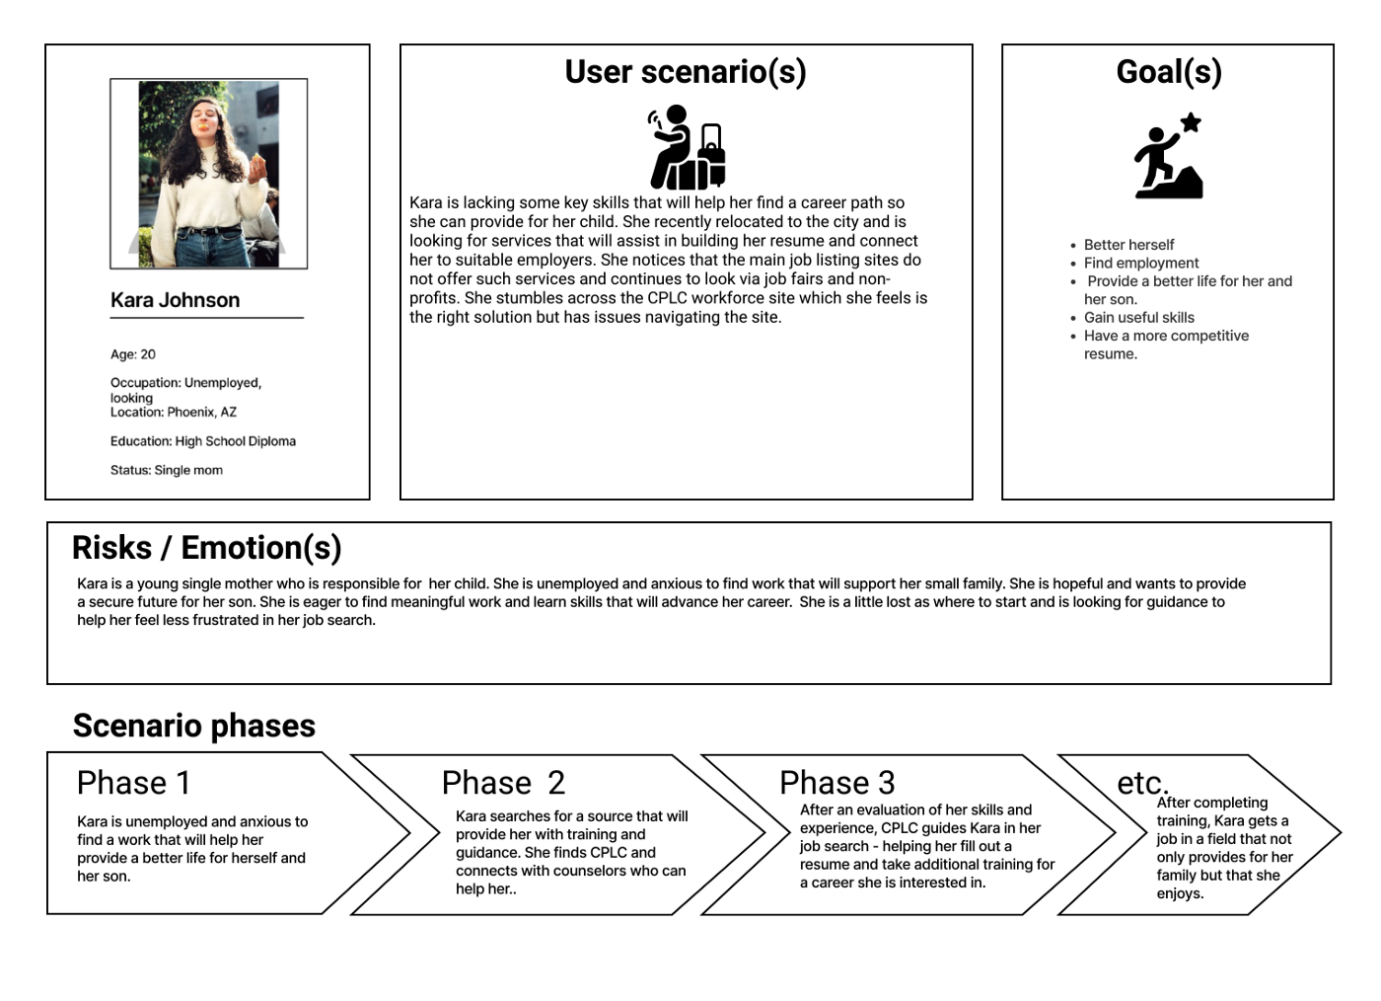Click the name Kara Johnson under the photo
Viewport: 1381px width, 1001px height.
(x=175, y=300)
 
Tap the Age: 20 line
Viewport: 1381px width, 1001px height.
(x=133, y=354)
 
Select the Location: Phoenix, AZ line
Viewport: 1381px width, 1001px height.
(x=174, y=413)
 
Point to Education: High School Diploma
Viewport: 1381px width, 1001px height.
(x=203, y=441)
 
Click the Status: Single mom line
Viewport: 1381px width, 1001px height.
(x=167, y=471)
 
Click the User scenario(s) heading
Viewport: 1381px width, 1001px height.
(x=686, y=72)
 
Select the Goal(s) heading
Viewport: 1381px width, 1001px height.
(x=1169, y=72)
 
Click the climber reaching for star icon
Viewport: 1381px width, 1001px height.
(x=1169, y=158)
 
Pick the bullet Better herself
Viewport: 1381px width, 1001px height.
(x=1128, y=245)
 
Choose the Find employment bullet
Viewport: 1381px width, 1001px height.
(x=1141, y=264)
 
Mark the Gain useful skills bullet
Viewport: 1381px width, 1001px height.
(x=1138, y=318)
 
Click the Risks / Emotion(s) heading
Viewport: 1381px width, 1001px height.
(x=207, y=548)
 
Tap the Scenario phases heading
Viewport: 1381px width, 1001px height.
(x=194, y=727)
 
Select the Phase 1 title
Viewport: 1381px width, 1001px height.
(x=133, y=783)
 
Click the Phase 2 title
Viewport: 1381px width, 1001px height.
(x=503, y=783)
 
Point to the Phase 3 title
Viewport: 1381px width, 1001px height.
(x=836, y=783)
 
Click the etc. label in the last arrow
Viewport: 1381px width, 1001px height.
(x=1142, y=783)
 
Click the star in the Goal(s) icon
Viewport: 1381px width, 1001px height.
(x=1192, y=122)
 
